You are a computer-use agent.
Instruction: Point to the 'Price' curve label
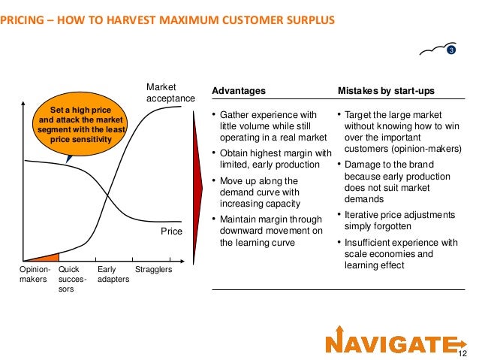point(171,232)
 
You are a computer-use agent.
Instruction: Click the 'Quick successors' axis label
point(72,279)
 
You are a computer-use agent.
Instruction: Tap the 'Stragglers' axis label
point(153,269)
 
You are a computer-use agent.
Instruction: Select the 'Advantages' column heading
point(239,91)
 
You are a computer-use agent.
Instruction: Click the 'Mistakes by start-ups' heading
point(386,91)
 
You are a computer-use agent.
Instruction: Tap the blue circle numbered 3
point(451,50)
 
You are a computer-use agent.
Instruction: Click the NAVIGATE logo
point(391,343)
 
